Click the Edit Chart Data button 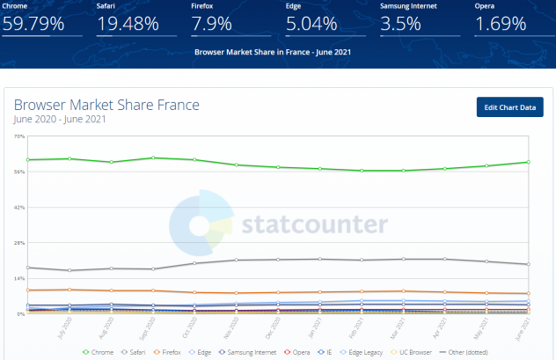click(x=509, y=107)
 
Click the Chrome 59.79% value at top click(x=33, y=24)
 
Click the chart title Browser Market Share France click(x=106, y=105)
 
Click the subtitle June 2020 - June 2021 click(x=60, y=119)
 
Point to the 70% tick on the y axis click(x=19, y=136)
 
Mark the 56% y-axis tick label click(x=19, y=172)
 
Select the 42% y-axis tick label click(x=19, y=207)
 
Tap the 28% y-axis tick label click(x=19, y=242)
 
